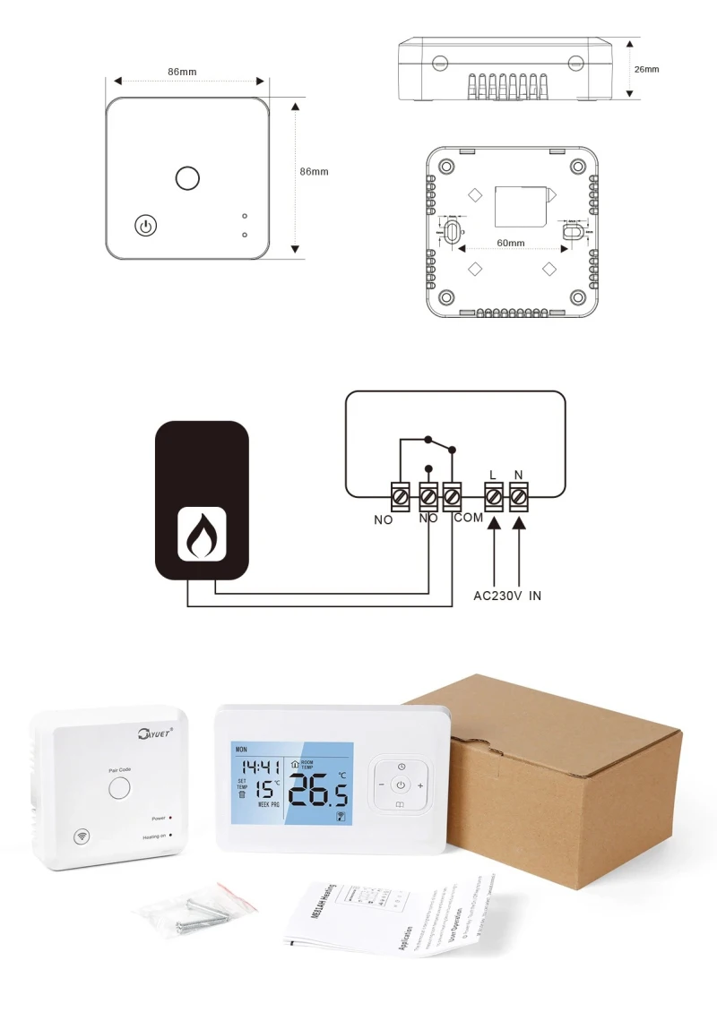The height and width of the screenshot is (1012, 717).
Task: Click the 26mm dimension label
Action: pyautogui.click(x=646, y=69)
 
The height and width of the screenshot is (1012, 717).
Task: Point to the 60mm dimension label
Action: pyautogui.click(x=510, y=243)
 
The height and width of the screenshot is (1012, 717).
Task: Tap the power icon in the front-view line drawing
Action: pyautogui.click(x=145, y=225)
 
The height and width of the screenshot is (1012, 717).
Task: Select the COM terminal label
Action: pyautogui.click(x=468, y=519)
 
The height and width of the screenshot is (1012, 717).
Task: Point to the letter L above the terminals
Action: pyautogui.click(x=493, y=475)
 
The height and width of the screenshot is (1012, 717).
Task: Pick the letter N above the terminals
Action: pyautogui.click(x=519, y=475)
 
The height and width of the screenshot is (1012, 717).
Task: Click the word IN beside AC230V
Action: pyautogui.click(x=535, y=595)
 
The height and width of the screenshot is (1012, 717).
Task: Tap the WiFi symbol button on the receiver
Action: pyautogui.click(x=82, y=836)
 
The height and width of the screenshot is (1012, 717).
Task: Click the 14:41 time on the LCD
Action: pyautogui.click(x=257, y=768)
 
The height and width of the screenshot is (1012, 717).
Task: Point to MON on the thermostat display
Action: pyautogui.click(x=240, y=748)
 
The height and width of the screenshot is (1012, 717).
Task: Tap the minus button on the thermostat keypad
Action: pyautogui.click(x=382, y=785)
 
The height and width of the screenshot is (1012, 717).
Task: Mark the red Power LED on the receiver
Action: pyautogui.click(x=170, y=818)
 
